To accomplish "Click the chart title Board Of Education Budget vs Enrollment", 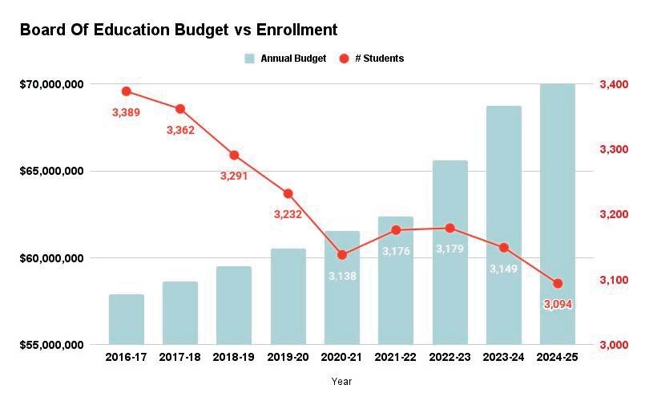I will click(x=179, y=30).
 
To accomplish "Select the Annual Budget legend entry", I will click(x=286, y=59).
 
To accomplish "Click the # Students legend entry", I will click(x=371, y=59).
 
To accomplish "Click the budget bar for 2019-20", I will click(x=288, y=297).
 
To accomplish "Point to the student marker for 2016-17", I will click(x=127, y=91).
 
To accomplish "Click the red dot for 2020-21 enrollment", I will click(x=342, y=255).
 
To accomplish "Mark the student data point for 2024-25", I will click(x=558, y=283).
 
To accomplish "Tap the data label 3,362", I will click(x=180, y=130).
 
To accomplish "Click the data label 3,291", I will click(x=234, y=176).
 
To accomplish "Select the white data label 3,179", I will click(x=449, y=249).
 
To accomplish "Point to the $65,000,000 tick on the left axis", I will click(x=52, y=171).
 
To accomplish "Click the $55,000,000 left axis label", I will click(x=52, y=345).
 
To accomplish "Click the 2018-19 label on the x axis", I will click(x=234, y=357).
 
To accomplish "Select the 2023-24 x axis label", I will click(x=503, y=357).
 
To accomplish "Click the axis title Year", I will click(x=341, y=382).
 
